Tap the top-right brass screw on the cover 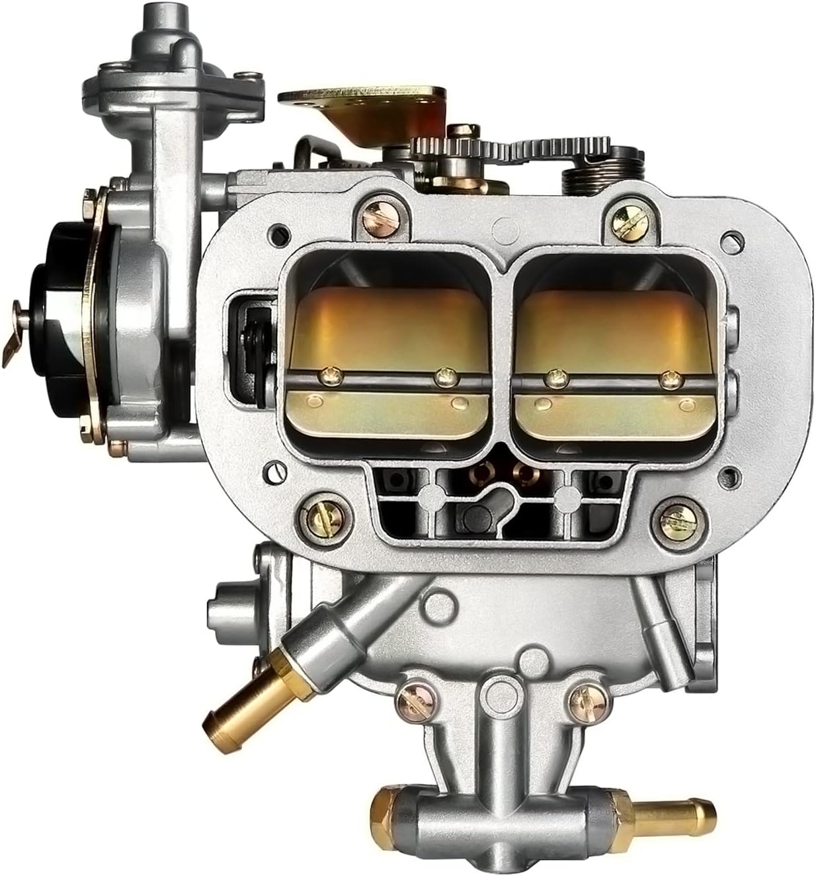click(624, 216)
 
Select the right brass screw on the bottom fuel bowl click(583, 695)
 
